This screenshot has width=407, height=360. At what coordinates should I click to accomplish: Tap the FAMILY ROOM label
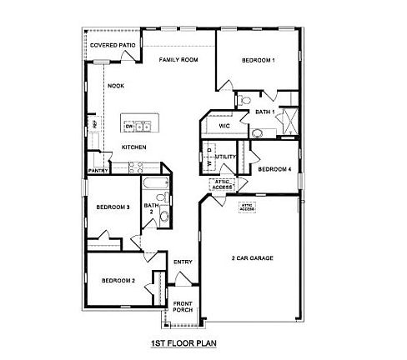(178, 60)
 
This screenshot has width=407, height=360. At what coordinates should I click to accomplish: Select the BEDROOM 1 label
(259, 60)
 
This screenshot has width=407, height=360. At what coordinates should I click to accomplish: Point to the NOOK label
(115, 85)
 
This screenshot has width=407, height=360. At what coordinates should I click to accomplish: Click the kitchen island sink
(143, 127)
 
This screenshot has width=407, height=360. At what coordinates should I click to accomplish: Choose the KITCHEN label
(134, 147)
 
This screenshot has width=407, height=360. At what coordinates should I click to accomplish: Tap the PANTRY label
(98, 172)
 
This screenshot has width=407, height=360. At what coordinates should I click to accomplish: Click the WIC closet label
(224, 126)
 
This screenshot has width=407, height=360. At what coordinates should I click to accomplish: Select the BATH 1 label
(265, 111)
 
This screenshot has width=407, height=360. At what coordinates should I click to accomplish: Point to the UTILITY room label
(226, 156)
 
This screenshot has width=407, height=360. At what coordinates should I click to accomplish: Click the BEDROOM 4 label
(274, 169)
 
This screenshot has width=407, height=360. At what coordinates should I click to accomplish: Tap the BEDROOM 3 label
(112, 207)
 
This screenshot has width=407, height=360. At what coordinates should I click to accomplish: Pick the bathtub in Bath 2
(154, 183)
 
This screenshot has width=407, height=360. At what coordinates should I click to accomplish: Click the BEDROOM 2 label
(118, 281)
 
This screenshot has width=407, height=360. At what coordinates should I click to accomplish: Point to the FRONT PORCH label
(183, 306)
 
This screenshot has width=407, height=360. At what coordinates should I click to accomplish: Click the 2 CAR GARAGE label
(252, 257)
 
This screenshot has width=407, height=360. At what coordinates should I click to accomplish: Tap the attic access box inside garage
(247, 206)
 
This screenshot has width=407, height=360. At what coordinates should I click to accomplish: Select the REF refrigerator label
(95, 125)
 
